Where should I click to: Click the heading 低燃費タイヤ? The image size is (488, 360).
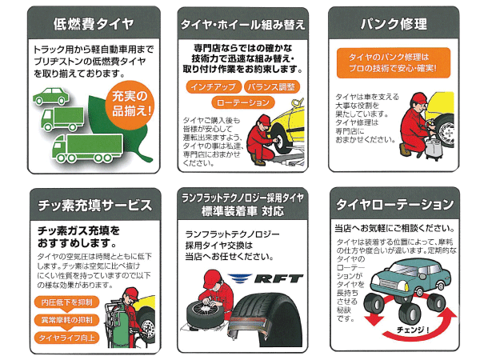click(x=94, y=24)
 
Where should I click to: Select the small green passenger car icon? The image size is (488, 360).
click(x=51, y=96)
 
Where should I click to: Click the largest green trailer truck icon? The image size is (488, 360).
click(x=87, y=149)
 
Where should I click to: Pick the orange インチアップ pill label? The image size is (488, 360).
click(x=214, y=87)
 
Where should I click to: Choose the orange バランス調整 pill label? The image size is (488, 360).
click(x=271, y=87)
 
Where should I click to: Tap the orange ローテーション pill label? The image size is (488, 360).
click(x=242, y=102)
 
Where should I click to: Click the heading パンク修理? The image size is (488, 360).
click(x=394, y=24)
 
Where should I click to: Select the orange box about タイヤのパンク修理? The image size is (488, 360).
click(x=394, y=62)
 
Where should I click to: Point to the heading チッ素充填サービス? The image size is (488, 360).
click(x=95, y=206)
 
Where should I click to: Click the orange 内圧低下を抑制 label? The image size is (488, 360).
click(x=66, y=302)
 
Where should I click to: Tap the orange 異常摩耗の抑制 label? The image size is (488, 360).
click(x=66, y=320)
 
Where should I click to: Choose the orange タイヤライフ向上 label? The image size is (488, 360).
click(x=66, y=338)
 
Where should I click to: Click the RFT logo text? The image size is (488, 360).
click(x=278, y=278)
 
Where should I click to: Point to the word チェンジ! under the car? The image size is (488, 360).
click(x=413, y=330)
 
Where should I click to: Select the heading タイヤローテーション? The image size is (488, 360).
click(x=394, y=205)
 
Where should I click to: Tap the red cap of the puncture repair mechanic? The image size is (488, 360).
click(x=419, y=98)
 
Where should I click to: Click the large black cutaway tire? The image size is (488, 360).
click(x=265, y=321)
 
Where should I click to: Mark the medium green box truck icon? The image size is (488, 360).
click(x=62, y=119)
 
